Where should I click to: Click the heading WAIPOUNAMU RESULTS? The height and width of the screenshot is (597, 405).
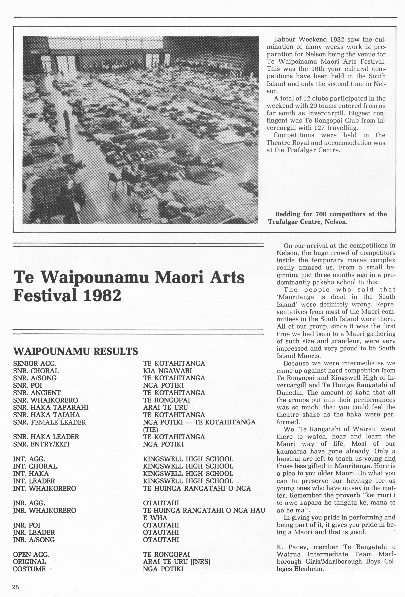tap(75, 351)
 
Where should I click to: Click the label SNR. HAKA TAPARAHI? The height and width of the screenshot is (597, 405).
tap(51, 407)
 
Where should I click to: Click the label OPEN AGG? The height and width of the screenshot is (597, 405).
tap(31, 554)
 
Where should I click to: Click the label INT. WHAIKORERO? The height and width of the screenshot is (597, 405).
tap(45, 488)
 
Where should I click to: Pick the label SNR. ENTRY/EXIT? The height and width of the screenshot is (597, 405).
tap(42, 444)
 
